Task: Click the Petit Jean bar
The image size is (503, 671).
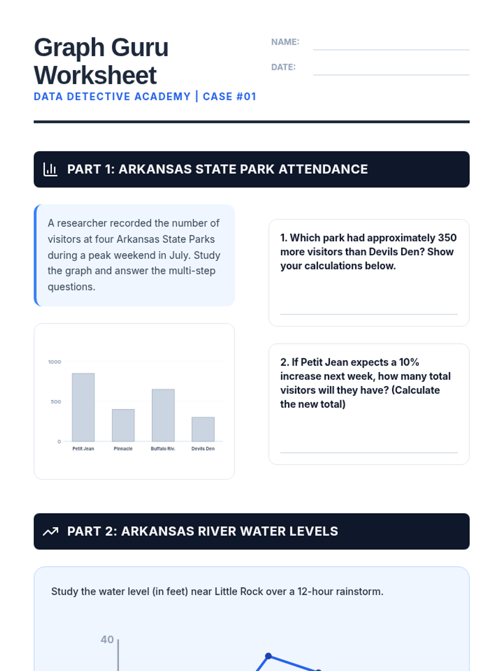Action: tap(83, 407)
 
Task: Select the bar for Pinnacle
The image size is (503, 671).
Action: tap(123, 425)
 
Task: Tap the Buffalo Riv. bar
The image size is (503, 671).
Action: tap(163, 415)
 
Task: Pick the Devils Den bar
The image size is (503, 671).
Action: tap(203, 429)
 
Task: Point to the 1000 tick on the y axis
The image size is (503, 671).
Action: tap(54, 362)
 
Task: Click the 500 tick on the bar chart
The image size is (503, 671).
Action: tap(56, 402)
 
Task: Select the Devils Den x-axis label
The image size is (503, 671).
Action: tap(203, 449)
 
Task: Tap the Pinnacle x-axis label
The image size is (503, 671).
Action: tap(123, 449)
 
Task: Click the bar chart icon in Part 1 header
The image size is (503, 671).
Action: tap(50, 169)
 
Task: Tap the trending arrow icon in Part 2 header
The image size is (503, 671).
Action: tap(50, 531)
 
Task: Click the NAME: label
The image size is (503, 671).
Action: tap(285, 42)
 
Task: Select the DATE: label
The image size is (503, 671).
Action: tap(283, 67)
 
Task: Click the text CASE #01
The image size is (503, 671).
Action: tap(229, 96)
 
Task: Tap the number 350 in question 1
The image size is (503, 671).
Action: tap(447, 238)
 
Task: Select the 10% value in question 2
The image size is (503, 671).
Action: tap(409, 362)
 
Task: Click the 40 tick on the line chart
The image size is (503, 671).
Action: tap(107, 640)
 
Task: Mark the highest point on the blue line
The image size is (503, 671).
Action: tap(268, 656)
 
